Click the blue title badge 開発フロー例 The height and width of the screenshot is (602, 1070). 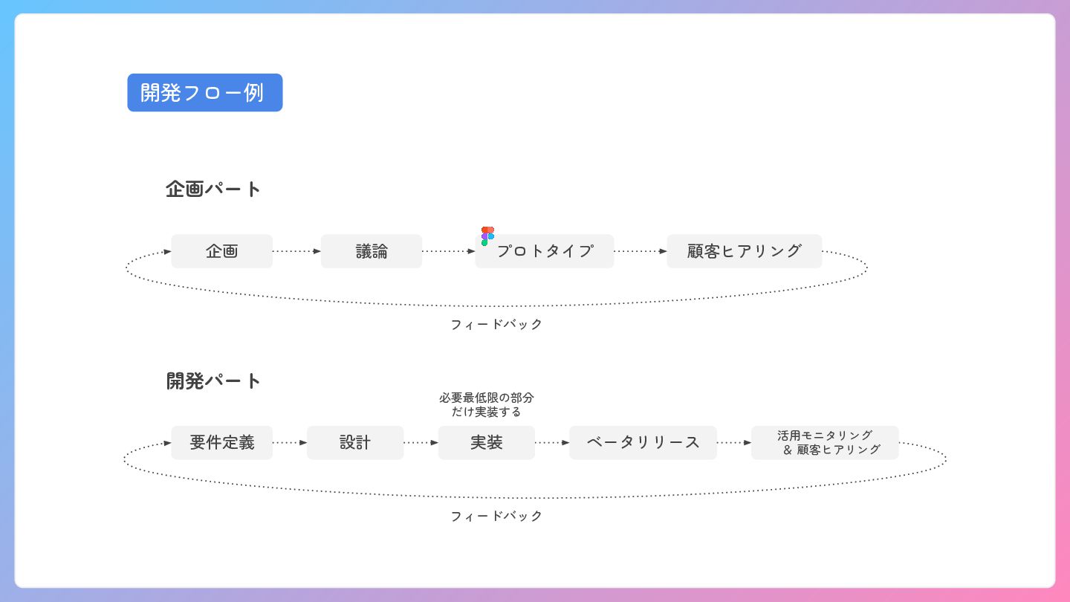204,93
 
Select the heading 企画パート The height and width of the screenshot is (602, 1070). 213,189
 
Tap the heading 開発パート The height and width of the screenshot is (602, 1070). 213,381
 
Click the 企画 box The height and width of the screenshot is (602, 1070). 221,251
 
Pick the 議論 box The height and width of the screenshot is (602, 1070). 371,251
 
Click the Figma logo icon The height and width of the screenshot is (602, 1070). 487,236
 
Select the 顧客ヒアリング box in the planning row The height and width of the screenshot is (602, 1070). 744,251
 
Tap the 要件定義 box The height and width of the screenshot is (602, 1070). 221,443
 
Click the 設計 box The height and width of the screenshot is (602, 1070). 354,443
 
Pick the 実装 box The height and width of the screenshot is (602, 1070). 486,443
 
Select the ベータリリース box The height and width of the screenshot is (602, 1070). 643,443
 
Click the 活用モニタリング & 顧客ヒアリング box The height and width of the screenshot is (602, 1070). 825,443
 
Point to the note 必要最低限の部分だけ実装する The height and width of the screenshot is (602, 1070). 486,404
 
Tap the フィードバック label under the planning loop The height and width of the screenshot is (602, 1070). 496,325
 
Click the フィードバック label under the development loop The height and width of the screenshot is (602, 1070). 496,517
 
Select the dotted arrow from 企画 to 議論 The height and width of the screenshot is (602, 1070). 296,251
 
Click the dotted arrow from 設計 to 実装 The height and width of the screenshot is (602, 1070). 421,443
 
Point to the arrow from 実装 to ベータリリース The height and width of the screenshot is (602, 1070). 551,443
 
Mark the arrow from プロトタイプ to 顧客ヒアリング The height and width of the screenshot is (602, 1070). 641,251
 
